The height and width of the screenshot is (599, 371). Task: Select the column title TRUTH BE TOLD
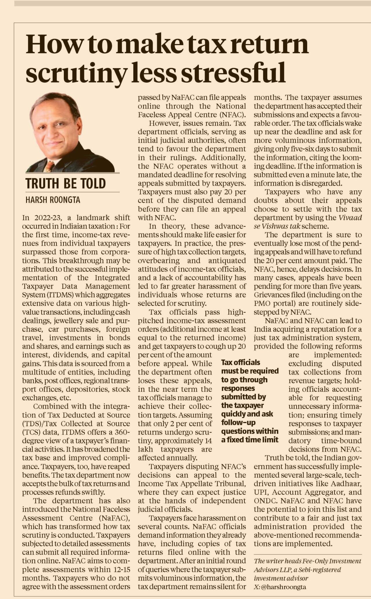coord(66,183)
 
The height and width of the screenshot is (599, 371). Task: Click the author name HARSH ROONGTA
coord(53,200)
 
